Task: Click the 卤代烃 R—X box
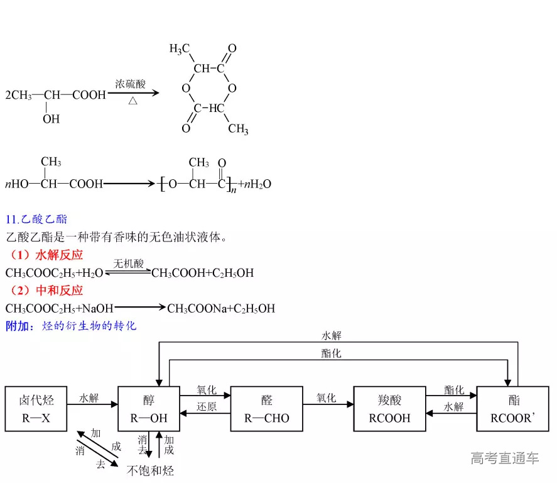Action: pyautogui.click(x=36, y=409)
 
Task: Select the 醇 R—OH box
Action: pyautogui.click(x=149, y=409)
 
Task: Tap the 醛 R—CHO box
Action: pyautogui.click(x=266, y=409)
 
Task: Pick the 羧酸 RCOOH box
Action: pyautogui.click(x=389, y=409)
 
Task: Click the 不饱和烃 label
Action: pyautogui.click(x=150, y=470)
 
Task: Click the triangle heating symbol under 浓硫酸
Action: pyautogui.click(x=133, y=101)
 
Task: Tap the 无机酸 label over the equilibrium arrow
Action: pyautogui.click(x=129, y=263)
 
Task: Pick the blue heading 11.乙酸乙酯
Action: pyautogui.click(x=36, y=219)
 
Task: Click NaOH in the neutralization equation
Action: pyautogui.click(x=98, y=309)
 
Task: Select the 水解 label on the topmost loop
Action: pyautogui.click(x=332, y=336)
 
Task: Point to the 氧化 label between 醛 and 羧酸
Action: pyautogui.click(x=326, y=398)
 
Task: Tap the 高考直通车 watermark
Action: pyautogui.click(x=504, y=458)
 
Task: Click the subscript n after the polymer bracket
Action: pyautogui.click(x=233, y=190)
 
